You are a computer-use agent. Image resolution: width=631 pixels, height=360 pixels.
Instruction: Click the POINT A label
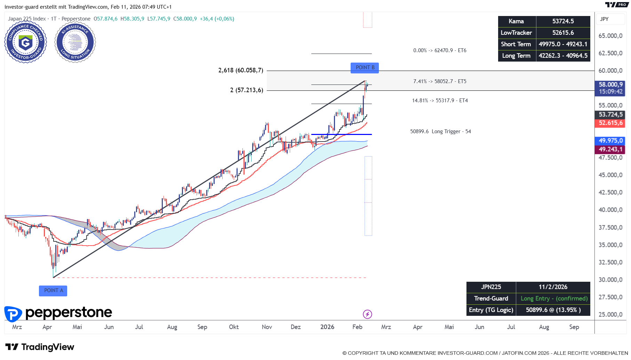point(53,291)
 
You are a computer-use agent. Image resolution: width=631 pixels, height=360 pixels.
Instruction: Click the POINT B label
point(365,67)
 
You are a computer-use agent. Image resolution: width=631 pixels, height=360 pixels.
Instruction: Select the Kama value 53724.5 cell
point(563,21)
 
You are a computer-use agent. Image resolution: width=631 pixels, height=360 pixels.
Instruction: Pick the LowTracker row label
point(516,33)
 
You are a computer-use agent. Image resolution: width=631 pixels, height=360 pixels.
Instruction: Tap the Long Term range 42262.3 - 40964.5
point(563,56)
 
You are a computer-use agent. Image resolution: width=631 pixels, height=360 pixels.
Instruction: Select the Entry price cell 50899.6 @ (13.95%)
point(553,310)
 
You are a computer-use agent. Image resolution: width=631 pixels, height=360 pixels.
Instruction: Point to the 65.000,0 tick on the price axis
point(610,36)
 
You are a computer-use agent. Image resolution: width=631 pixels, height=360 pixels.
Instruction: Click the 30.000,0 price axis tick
point(610,280)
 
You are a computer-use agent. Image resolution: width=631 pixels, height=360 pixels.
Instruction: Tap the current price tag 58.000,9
point(610,85)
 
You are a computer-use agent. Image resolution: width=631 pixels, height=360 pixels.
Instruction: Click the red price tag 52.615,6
point(610,123)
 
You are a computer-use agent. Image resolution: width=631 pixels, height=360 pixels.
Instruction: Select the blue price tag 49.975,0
point(610,141)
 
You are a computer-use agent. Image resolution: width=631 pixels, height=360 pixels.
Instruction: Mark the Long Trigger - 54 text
point(440,131)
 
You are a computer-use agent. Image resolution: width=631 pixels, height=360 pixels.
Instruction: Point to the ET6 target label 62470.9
point(440,50)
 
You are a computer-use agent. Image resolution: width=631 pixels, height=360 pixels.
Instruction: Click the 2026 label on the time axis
point(327,327)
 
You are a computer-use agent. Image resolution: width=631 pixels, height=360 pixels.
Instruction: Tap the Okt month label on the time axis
point(234,327)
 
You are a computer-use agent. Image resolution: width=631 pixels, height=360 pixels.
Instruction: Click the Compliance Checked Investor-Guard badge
point(25,42)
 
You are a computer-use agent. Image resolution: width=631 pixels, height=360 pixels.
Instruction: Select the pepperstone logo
point(58,313)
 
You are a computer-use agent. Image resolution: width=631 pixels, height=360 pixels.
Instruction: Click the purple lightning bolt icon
point(367,314)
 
